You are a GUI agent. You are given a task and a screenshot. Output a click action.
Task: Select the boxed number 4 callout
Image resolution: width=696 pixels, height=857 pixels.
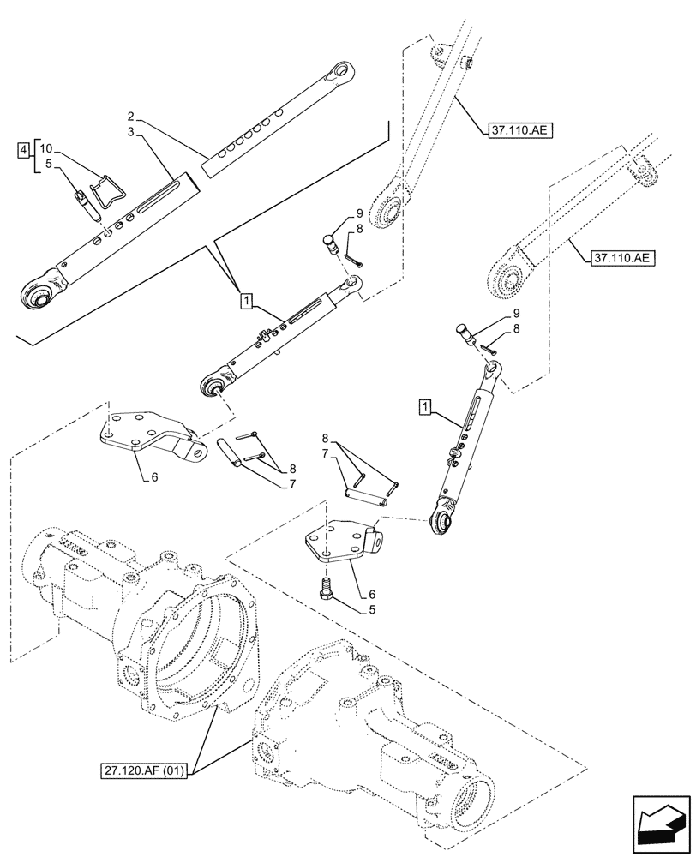[23, 152]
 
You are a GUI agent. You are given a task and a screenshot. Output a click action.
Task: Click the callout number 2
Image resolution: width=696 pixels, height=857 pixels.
[130, 116]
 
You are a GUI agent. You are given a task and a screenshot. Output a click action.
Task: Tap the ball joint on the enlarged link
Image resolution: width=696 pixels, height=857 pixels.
[39, 294]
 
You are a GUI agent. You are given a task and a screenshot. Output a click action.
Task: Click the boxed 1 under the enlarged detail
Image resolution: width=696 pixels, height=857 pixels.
[246, 301]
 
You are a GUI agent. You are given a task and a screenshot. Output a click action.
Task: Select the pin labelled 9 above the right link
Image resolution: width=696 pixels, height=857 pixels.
[466, 333]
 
